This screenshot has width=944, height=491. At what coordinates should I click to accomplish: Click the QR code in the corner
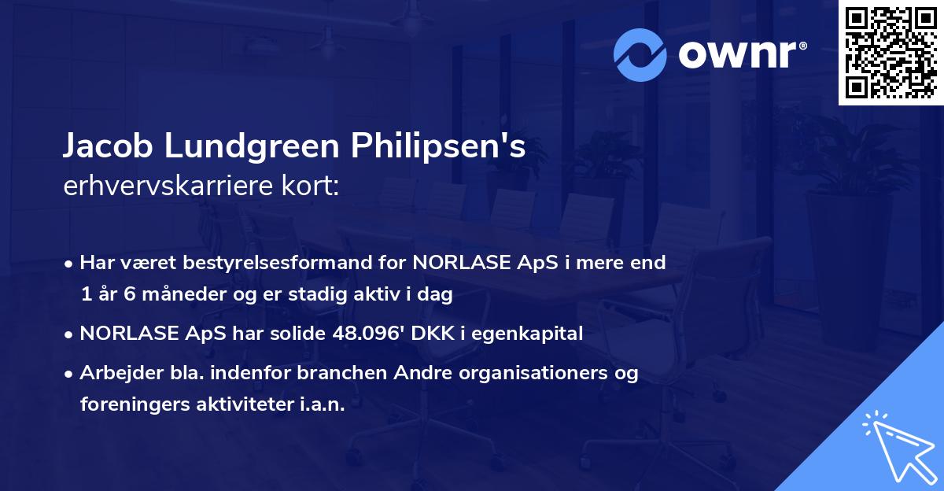pyautogui.click(x=891, y=53)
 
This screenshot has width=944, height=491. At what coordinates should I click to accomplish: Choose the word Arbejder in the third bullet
pyautogui.click(x=116, y=373)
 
